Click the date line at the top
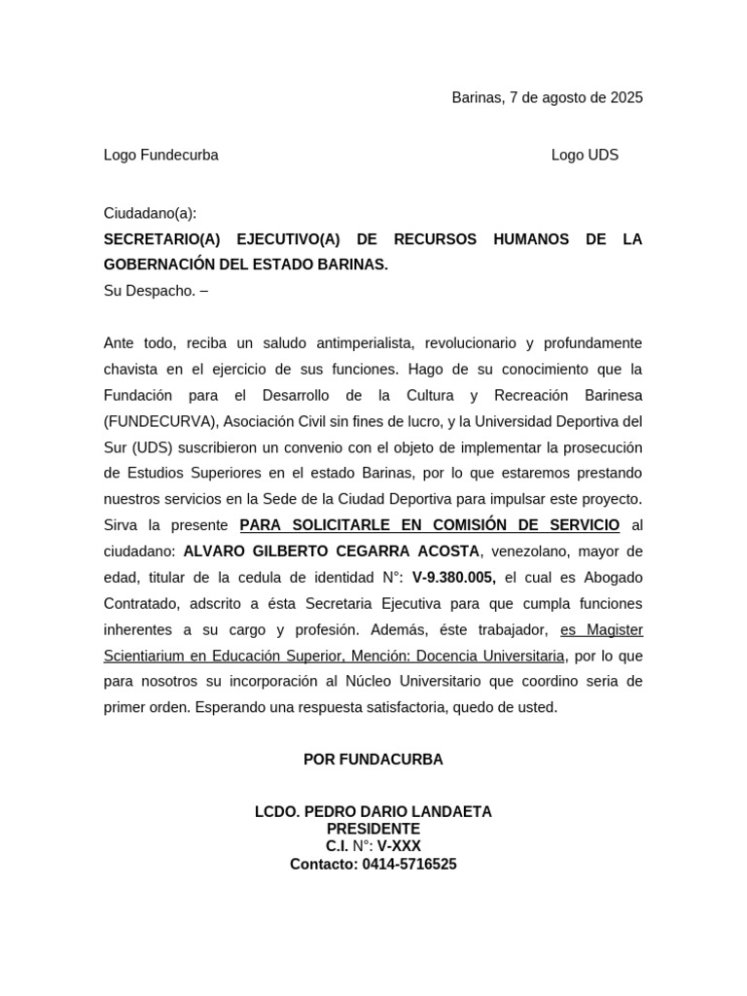(547, 97)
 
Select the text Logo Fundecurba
(160, 155)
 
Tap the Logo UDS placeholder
(585, 155)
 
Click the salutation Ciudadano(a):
(150, 213)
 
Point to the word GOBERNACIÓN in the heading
(160, 265)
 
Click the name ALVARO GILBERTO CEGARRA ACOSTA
(331, 551)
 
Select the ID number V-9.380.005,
(454, 578)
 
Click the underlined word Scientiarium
(146, 656)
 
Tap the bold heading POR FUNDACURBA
(373, 760)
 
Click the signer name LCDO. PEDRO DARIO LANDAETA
(373, 812)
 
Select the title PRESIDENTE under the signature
(373, 829)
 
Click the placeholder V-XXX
(399, 846)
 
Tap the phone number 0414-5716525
(409, 864)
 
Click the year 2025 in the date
(626, 97)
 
